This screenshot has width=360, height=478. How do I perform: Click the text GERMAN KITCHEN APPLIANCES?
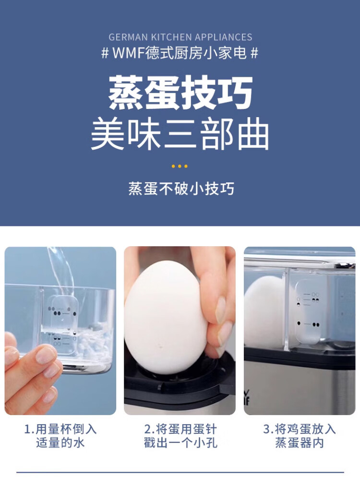180,37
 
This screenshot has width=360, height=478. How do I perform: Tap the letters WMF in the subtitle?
128,53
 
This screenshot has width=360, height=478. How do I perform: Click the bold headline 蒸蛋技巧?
180,92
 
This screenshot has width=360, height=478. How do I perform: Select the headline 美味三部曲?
180,134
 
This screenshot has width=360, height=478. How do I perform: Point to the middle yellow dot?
180,166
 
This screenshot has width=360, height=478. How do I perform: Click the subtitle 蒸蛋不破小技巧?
181,189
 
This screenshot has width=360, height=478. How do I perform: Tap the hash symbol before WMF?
105,53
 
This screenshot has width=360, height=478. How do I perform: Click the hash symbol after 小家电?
254,53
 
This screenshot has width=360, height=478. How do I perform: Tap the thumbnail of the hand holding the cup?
60,331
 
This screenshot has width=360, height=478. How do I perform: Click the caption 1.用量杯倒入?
60,429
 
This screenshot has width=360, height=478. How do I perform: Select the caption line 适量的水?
60,442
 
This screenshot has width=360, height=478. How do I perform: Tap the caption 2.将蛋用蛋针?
180,429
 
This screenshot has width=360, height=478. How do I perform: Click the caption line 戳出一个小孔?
180,442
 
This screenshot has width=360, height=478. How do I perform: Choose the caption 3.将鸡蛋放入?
300,429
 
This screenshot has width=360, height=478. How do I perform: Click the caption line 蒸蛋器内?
300,442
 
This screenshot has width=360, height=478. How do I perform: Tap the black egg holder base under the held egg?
180,384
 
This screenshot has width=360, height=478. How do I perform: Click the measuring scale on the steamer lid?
308,311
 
